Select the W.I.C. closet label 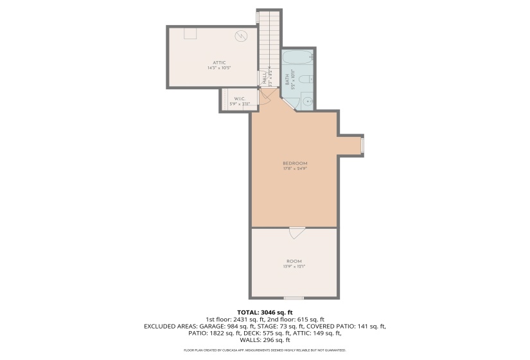tap(240, 98)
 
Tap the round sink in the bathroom tap(307, 101)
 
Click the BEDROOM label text tap(295, 163)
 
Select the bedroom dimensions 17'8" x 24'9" tap(295, 169)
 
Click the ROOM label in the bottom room tap(294, 261)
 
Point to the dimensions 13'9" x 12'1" tap(294, 267)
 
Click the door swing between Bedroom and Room tap(296, 233)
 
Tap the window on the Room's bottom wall tap(294, 298)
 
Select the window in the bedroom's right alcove tap(362, 145)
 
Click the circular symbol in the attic tap(241, 36)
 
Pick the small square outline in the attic tap(190, 33)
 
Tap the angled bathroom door tap(288, 105)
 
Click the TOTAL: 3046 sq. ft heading tap(265, 312)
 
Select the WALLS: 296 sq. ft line tap(265, 340)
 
